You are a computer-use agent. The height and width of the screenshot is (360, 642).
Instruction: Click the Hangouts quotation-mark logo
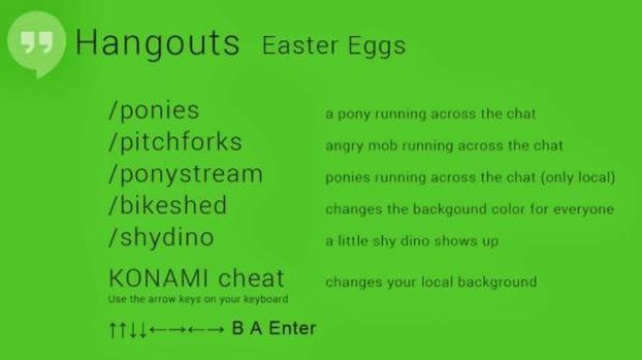pyautogui.click(x=37, y=43)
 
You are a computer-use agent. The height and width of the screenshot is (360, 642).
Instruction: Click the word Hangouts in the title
pyautogui.click(x=158, y=43)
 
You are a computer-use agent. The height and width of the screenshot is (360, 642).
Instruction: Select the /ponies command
pyautogui.click(x=154, y=111)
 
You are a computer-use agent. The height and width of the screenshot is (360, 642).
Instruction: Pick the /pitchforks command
pyautogui.click(x=176, y=142)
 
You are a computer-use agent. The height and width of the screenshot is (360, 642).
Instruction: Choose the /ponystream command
pyautogui.click(x=185, y=175)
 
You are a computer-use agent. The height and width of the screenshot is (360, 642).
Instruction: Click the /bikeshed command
pyautogui.click(x=168, y=205)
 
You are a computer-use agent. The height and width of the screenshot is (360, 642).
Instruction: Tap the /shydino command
pyautogui.click(x=161, y=237)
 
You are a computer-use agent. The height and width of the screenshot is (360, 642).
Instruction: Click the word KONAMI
pyautogui.click(x=159, y=278)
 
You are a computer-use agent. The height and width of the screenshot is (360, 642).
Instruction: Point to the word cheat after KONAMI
pyautogui.click(x=251, y=278)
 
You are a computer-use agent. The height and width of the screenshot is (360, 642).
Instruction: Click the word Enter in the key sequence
pyautogui.click(x=292, y=328)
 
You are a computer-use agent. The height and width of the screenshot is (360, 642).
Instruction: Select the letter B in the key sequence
pyautogui.click(x=238, y=328)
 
